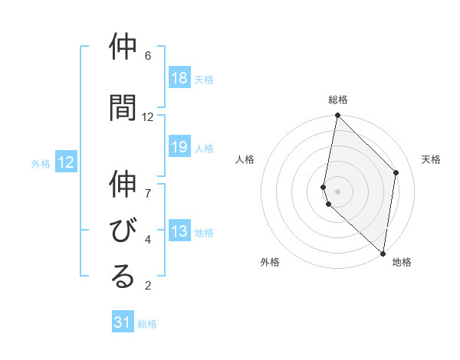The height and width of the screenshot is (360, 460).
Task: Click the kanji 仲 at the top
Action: [123, 47]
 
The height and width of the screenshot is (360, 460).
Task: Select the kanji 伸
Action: [123, 185]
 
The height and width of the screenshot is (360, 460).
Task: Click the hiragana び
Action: [123, 231]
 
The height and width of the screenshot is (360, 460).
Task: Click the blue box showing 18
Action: [179, 78]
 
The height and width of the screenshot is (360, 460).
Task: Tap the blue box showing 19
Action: [179, 148]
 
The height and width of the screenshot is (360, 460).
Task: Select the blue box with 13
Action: [179, 232]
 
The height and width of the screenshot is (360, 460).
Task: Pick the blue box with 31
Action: [123, 322]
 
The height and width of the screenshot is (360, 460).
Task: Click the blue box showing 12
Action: [66, 162]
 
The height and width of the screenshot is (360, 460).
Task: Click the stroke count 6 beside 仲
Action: [148, 56]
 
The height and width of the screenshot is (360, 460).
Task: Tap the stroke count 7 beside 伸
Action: [148, 185]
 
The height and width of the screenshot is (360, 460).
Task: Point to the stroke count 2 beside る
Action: [148, 286]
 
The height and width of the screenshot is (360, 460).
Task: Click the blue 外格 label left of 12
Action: [41, 163]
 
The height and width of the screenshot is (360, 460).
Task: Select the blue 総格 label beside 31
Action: [147, 324]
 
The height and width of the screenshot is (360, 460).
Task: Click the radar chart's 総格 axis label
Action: [338, 100]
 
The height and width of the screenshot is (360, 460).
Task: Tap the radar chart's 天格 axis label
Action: [431, 159]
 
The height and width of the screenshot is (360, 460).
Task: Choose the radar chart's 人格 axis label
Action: [245, 159]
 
